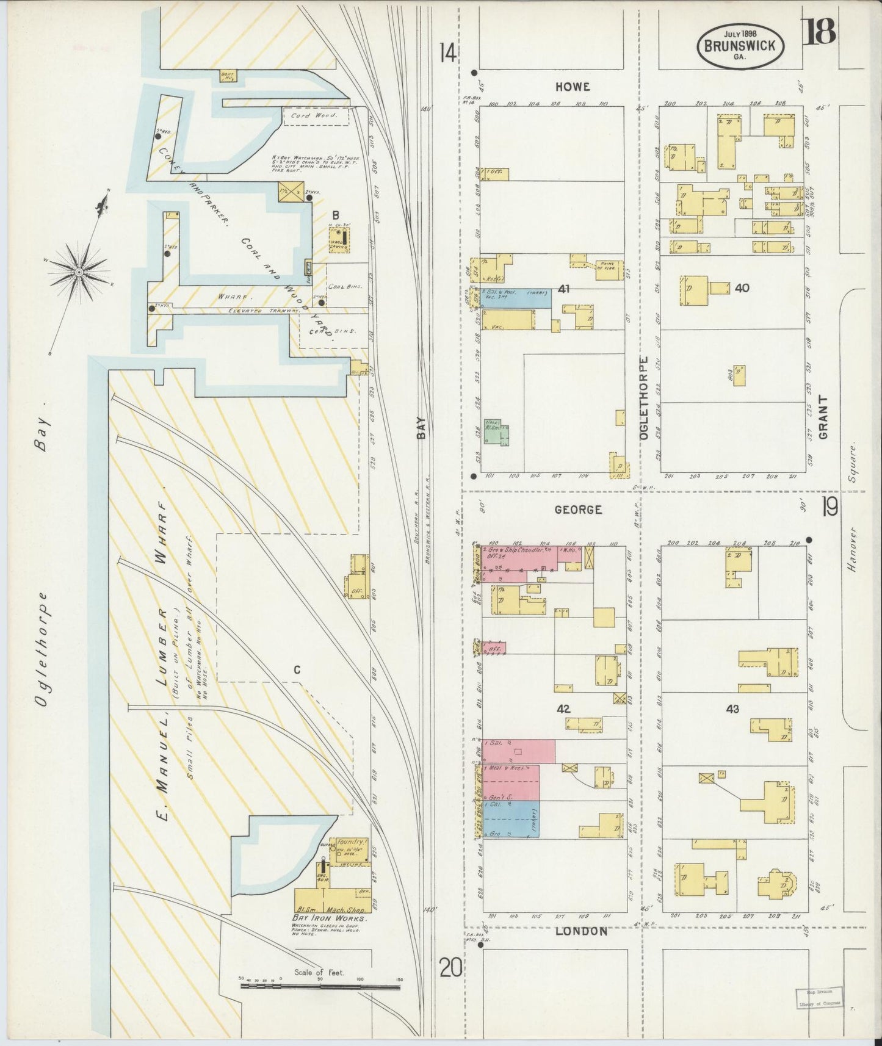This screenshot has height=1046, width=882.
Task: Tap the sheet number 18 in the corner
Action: coord(820,32)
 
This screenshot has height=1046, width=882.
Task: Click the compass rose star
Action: coord(79,270)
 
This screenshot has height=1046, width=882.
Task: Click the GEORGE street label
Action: coord(579,509)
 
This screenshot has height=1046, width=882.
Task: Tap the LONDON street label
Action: coord(582,931)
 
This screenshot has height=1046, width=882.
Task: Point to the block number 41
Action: coord(563,289)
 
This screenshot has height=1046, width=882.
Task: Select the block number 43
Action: coord(732,709)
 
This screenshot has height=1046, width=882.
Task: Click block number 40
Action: coord(742,287)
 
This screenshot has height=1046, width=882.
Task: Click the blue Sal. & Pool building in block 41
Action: coord(516,298)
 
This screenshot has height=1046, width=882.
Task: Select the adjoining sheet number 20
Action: coord(450,967)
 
